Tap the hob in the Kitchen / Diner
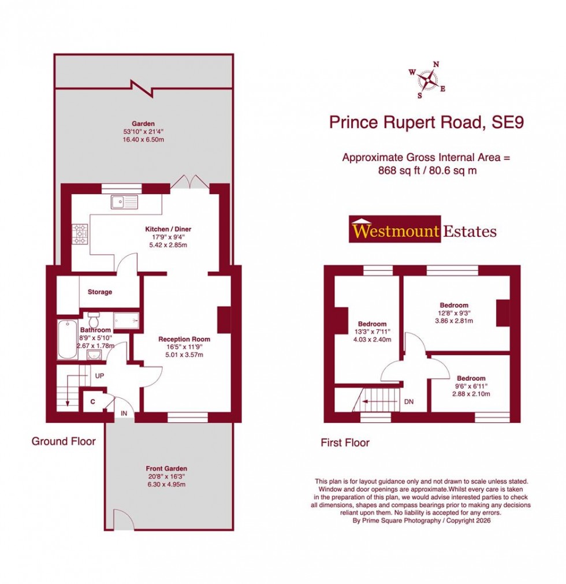(x=80, y=233)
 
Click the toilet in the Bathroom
(x=94, y=318)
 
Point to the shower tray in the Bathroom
(x=126, y=320)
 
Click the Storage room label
(x=100, y=292)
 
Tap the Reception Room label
(x=184, y=339)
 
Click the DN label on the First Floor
(x=409, y=401)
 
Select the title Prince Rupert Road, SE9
(x=426, y=122)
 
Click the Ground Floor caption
(x=64, y=441)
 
